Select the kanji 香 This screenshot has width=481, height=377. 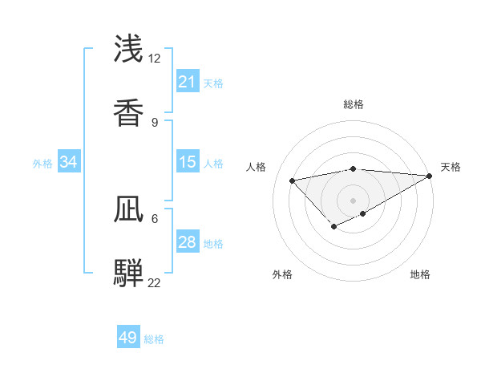[x=129, y=112]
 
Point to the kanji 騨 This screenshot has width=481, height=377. [x=129, y=273]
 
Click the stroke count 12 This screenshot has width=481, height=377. [x=154, y=58]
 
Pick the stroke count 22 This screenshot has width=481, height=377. [x=154, y=282]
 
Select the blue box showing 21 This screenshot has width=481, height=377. [x=188, y=82]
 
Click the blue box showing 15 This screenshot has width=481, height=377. [x=188, y=162]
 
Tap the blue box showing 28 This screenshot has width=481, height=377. [x=188, y=242]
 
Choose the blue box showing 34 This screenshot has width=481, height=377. [x=69, y=162]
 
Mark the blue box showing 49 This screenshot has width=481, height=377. [x=128, y=338]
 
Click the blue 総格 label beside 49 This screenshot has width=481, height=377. [x=154, y=339]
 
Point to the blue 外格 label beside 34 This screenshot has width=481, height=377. [x=42, y=163]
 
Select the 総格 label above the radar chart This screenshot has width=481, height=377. [x=354, y=104]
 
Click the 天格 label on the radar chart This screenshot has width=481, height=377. [x=451, y=167]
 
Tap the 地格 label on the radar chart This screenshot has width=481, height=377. [x=420, y=274]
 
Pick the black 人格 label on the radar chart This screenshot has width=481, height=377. [x=257, y=167]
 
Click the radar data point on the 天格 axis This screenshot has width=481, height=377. [x=430, y=175]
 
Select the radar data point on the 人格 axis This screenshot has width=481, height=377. [x=293, y=180]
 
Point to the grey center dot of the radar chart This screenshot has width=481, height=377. [x=354, y=200]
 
